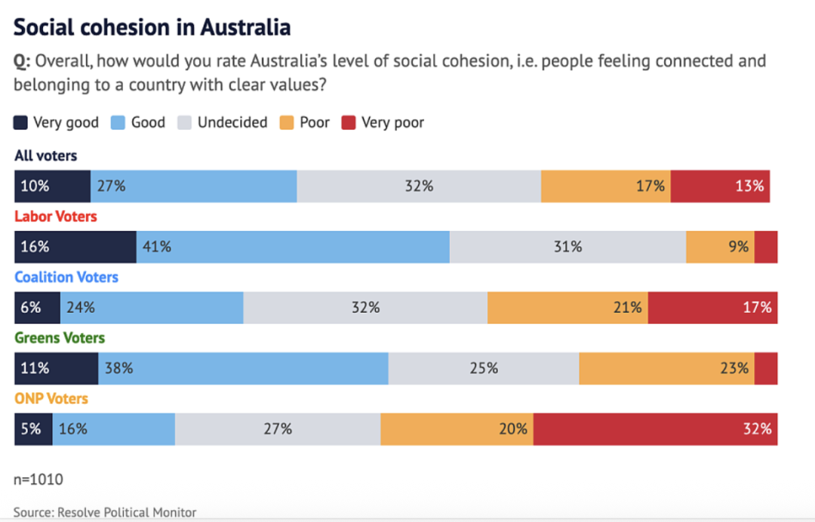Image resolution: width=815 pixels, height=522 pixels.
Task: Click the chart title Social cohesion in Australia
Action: (152, 27)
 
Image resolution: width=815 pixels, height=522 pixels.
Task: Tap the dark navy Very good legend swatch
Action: (21, 122)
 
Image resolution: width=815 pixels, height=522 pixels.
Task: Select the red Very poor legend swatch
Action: (349, 122)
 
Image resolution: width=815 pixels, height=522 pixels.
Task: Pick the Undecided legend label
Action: (232, 122)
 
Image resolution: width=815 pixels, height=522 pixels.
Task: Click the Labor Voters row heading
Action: (56, 217)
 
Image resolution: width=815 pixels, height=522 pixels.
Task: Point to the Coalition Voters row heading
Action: (66, 277)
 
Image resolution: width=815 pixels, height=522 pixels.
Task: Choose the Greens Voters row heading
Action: (60, 338)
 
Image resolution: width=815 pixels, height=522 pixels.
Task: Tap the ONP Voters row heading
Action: (51, 398)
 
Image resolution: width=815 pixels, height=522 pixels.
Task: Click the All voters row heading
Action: (46, 156)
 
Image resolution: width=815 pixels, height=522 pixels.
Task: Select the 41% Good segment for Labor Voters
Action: (293, 247)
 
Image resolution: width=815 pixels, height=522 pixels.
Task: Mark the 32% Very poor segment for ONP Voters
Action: (655, 429)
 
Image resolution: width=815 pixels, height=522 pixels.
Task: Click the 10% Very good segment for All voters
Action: (53, 187)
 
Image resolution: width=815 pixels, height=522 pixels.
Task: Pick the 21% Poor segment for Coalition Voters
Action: (567, 307)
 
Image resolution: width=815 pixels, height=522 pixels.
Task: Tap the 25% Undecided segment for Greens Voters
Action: (484, 369)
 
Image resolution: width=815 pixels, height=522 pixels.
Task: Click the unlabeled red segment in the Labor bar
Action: (766, 247)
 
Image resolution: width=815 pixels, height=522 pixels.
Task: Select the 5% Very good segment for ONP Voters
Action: (33, 429)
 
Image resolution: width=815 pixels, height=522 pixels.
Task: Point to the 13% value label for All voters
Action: (750, 187)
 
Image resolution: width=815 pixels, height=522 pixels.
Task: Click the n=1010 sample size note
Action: (38, 479)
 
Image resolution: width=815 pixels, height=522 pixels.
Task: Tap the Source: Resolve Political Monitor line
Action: (105, 512)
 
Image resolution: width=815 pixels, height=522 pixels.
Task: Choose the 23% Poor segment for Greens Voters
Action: (666, 369)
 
